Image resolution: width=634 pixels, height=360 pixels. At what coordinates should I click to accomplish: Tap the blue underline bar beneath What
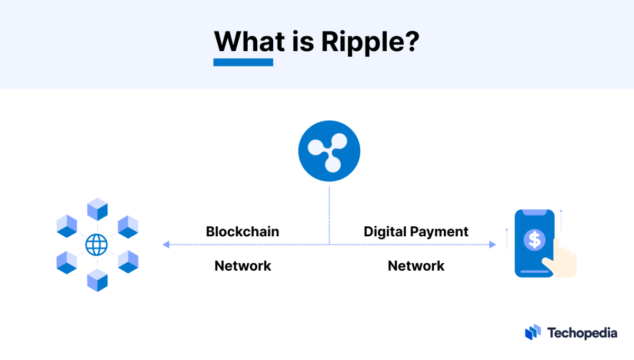(243, 62)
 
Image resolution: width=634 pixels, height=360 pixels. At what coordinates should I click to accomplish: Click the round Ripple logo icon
(329, 151)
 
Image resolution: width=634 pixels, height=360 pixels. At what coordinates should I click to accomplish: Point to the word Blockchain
(243, 232)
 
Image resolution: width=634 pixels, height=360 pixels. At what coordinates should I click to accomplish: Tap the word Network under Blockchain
(243, 265)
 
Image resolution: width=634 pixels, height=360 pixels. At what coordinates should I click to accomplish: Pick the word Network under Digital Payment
(416, 265)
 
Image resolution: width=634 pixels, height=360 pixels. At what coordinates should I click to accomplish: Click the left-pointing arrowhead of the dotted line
(166, 244)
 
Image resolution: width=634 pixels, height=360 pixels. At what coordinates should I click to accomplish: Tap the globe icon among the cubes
(97, 245)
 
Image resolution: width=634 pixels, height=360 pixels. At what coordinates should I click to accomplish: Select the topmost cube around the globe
(97, 209)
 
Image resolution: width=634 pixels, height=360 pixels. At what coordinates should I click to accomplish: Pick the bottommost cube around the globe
(97, 280)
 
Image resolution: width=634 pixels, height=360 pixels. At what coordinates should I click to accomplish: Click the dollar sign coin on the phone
(534, 240)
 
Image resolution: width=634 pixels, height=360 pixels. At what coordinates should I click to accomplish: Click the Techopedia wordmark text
(582, 333)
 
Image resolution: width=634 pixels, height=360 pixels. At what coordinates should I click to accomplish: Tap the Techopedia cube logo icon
(533, 332)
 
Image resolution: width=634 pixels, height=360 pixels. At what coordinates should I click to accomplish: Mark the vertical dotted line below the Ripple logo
(329, 214)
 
